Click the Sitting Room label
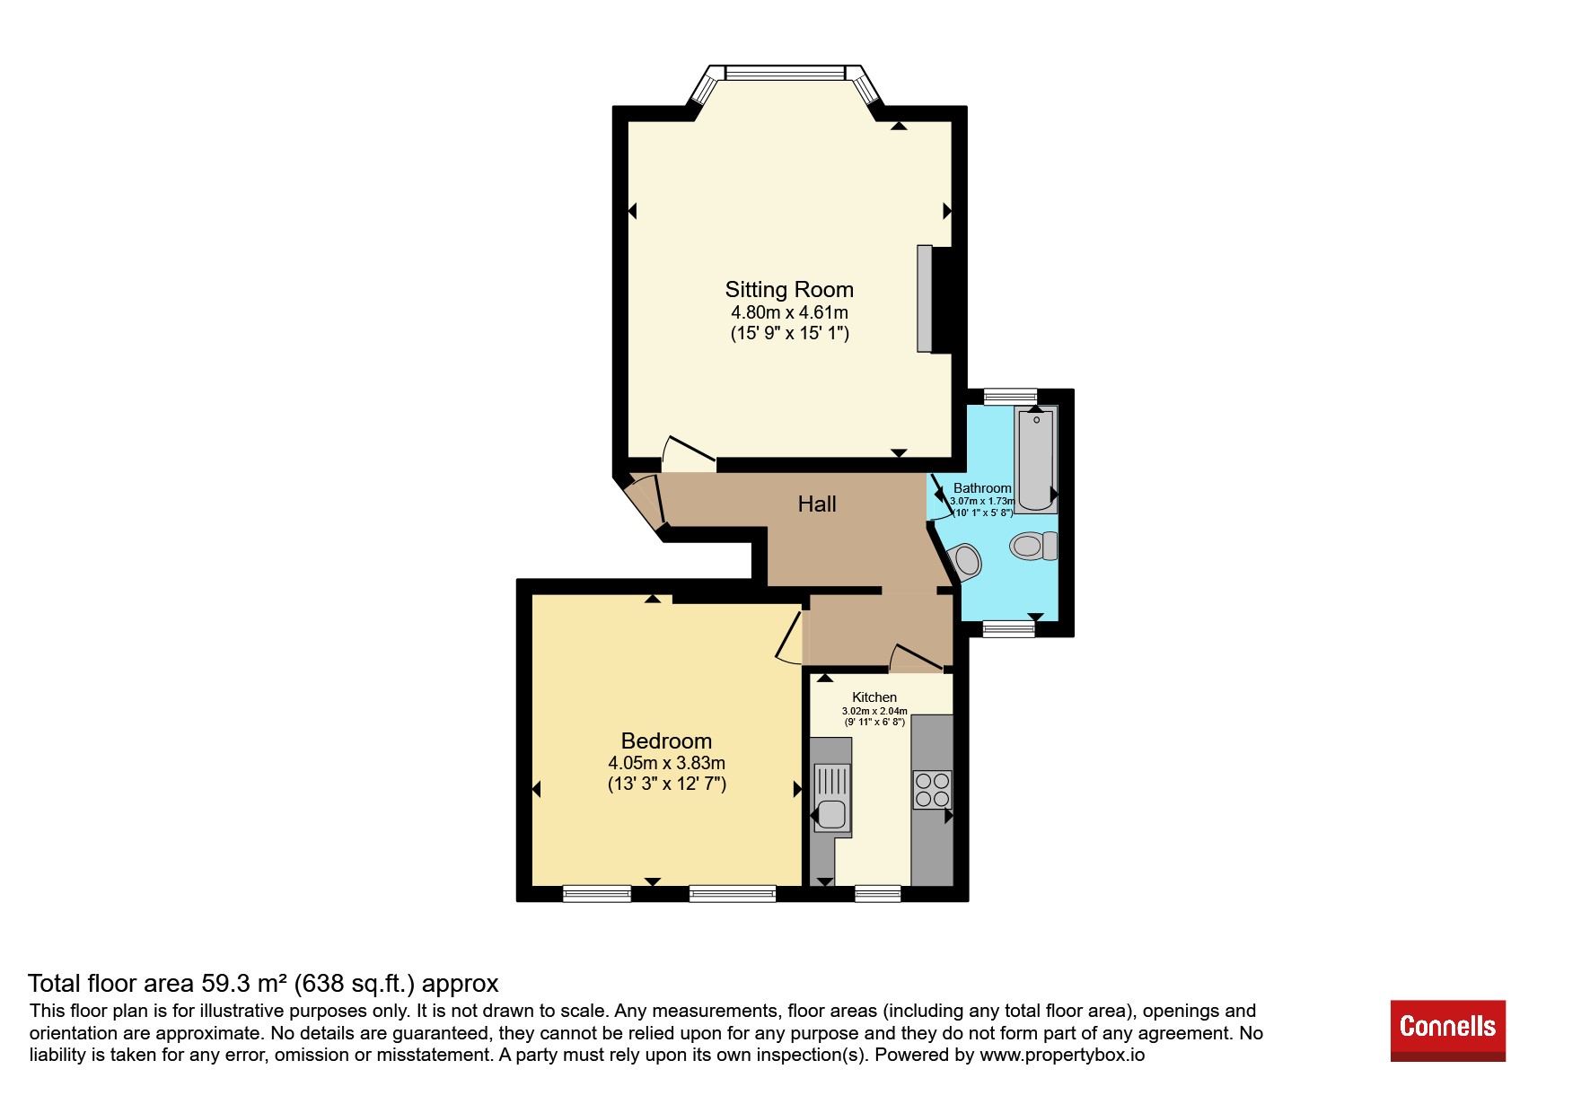click(789, 290)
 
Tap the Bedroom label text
click(666, 741)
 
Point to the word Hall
click(817, 504)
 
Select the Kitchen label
click(874, 697)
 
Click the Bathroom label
click(982, 488)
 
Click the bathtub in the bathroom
click(1036, 459)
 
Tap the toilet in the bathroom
click(1034, 546)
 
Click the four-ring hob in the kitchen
click(932, 790)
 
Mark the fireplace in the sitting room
click(934, 299)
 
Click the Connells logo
click(1448, 1030)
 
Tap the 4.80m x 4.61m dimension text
click(789, 313)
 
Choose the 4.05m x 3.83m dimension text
click(666, 763)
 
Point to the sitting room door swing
click(689, 454)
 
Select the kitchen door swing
click(916, 658)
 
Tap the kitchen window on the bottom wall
click(877, 893)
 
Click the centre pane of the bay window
click(785, 72)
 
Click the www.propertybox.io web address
click(1062, 1055)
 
